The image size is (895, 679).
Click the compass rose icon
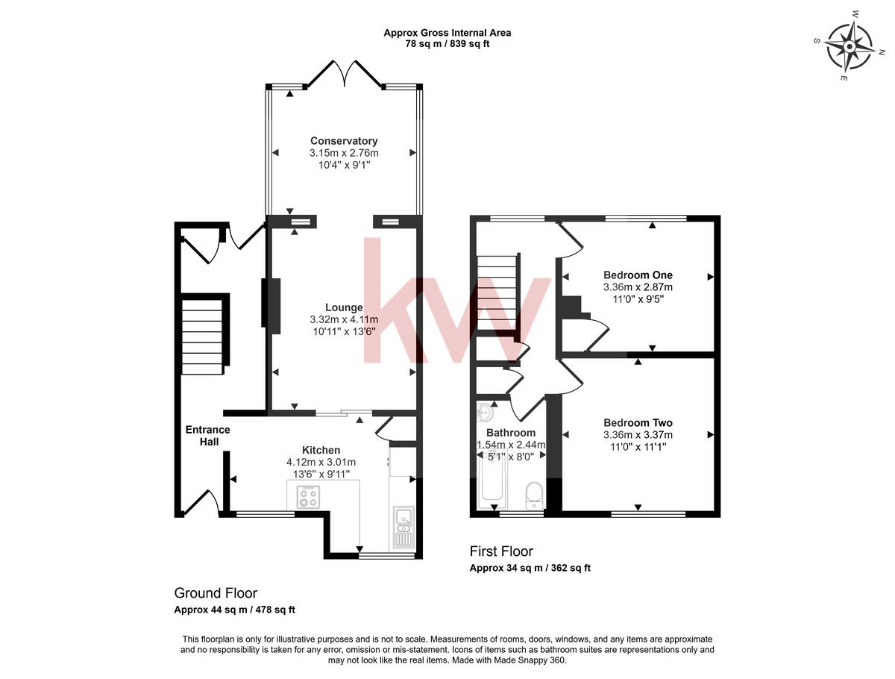[x=850, y=46]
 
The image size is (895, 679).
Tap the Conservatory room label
[x=344, y=141]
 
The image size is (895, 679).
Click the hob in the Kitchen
[x=309, y=497]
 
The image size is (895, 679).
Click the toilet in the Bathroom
[x=534, y=495]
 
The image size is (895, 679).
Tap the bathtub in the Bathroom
[x=491, y=479]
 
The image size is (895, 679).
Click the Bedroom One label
[x=638, y=275]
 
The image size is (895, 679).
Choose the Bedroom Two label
[x=638, y=422]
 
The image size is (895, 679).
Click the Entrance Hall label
[x=207, y=436]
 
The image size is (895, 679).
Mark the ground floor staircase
[x=203, y=336]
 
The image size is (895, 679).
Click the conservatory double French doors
[x=344, y=73]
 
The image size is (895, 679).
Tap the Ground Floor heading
[x=216, y=593]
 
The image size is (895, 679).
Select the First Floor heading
[x=501, y=551]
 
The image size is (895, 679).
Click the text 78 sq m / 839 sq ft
[x=447, y=44]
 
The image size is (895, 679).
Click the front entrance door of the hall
[x=201, y=504]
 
